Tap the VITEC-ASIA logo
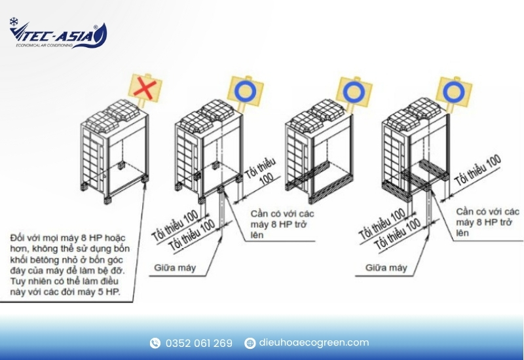[58, 33]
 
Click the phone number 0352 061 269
[199, 343]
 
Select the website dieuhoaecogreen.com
[314, 342]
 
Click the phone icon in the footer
[155, 343]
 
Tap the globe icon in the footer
[250, 343]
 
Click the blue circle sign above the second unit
[245, 90]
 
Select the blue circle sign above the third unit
[354, 90]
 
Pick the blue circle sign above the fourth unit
[453, 91]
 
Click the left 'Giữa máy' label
[175, 268]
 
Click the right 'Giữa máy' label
[386, 268]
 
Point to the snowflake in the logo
[14, 22]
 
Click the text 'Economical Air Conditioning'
[44, 45]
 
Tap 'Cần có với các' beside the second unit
[282, 213]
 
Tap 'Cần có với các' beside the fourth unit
[487, 211]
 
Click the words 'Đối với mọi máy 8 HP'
[68, 238]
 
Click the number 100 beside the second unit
[267, 179]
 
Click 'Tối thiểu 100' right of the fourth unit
[478, 170]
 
